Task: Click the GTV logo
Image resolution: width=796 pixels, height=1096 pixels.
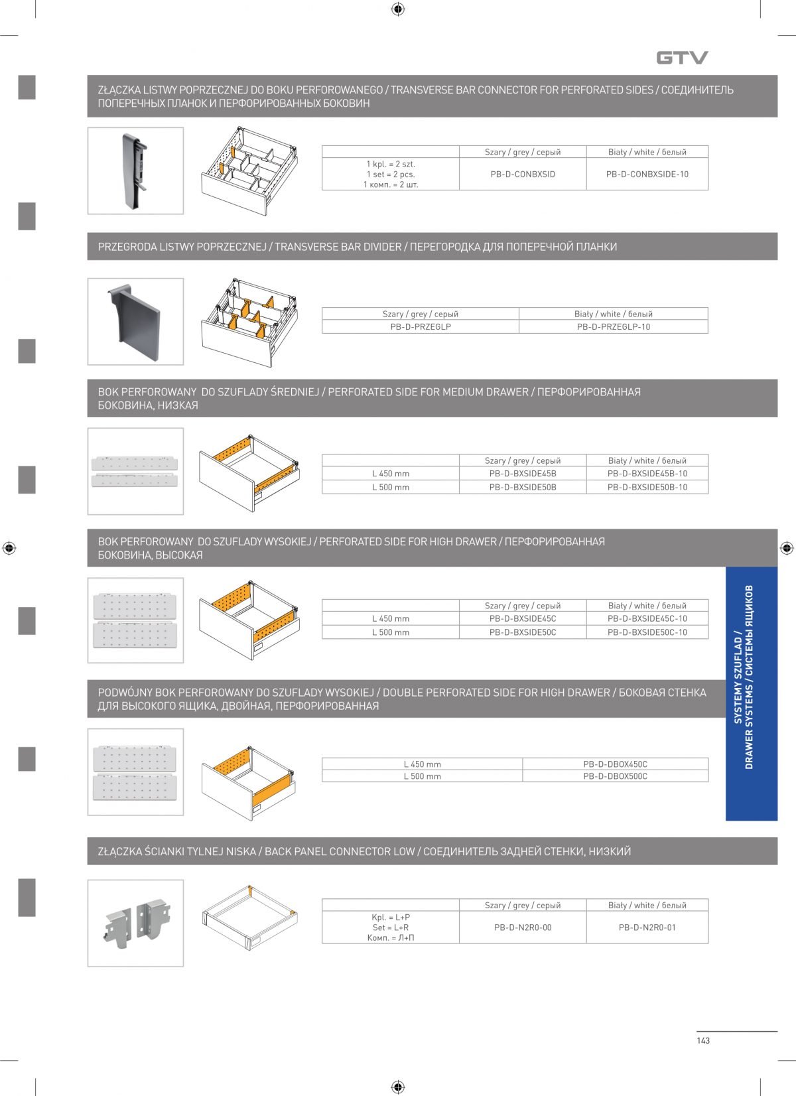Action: (x=682, y=58)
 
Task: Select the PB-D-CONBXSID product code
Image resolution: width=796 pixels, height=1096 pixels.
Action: (x=523, y=174)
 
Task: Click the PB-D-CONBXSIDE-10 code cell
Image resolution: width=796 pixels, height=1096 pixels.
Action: (x=647, y=174)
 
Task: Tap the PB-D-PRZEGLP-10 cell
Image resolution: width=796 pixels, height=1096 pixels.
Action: (x=613, y=327)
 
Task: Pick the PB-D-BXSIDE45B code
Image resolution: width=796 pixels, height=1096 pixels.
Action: (x=523, y=474)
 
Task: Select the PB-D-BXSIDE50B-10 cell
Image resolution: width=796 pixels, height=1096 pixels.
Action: (x=647, y=487)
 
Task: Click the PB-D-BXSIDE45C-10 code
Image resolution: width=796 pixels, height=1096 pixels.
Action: (x=647, y=618)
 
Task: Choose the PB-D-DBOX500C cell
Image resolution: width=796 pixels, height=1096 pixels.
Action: (x=615, y=776)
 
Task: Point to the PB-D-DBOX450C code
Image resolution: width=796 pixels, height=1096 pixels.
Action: (x=615, y=764)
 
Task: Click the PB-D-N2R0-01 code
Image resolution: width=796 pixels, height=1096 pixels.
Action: (x=647, y=927)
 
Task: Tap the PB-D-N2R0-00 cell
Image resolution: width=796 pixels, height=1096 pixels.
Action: (x=523, y=927)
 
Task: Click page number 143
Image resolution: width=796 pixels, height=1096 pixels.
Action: (x=703, y=1040)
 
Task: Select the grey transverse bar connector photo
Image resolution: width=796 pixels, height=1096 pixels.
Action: (x=135, y=171)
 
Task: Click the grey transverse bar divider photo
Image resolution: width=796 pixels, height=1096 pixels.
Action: (x=135, y=321)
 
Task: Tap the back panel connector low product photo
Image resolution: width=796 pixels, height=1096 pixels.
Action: (x=135, y=923)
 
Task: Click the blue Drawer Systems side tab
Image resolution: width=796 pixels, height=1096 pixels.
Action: (x=751, y=693)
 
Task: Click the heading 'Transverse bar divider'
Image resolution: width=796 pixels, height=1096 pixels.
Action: (x=338, y=247)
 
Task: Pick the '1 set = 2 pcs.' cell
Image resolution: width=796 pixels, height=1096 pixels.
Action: (x=391, y=174)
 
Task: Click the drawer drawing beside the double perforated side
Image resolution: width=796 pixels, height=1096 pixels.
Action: (x=251, y=773)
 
